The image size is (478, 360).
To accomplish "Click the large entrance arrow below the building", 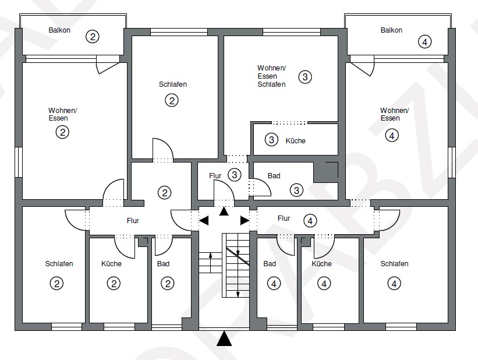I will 224,339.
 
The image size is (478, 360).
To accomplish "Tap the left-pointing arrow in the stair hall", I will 204,220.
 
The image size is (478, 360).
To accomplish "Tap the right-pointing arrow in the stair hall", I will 245,220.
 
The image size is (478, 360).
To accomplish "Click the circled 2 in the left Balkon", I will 92,36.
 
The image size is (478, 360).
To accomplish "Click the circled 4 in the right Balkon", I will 426,41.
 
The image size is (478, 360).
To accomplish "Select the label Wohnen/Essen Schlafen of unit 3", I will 272,76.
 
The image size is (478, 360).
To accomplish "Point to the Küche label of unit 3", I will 295,140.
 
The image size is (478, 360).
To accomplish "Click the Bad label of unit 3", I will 274,175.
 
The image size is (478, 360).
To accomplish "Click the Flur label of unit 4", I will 284,218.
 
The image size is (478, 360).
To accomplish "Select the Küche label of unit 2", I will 111,264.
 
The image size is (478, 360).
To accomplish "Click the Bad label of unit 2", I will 163,264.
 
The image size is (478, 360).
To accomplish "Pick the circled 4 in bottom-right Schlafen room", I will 394,284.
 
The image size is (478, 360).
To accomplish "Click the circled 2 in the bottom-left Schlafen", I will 56,284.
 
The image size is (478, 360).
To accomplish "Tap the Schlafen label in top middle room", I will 172,84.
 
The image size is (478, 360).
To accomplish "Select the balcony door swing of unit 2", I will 108,65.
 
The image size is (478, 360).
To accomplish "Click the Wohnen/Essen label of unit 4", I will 394,114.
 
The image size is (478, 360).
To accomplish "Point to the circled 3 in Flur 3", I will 234,174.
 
